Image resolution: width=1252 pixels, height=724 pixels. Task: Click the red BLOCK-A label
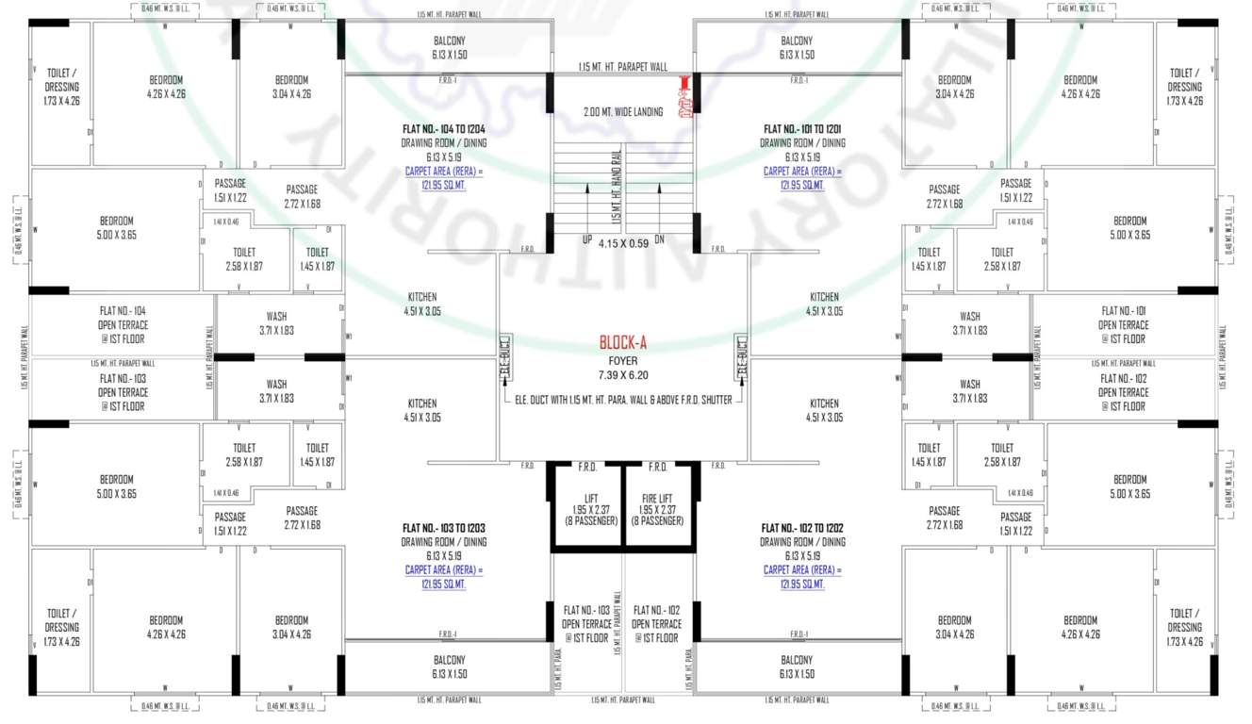623,343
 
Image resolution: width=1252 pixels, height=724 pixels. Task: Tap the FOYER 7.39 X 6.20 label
623,368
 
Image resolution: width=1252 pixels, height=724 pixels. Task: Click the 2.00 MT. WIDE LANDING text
623,111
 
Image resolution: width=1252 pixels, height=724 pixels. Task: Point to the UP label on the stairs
587,239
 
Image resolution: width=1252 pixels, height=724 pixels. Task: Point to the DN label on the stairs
659,239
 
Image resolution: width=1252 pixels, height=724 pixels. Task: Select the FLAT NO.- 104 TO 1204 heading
444,129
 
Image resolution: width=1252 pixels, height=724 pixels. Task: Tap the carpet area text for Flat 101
802,178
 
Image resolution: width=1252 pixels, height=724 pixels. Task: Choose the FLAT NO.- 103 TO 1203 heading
444,528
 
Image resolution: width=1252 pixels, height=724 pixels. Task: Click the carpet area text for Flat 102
802,577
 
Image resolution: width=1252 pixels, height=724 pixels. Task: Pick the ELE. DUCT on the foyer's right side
742,359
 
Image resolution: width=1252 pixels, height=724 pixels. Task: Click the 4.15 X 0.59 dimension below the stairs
622,244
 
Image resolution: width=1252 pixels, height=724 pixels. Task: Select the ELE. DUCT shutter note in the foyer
623,400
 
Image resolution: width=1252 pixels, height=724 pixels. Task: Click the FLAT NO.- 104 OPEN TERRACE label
123,324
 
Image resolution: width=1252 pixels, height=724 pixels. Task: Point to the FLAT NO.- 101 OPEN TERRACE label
1123,324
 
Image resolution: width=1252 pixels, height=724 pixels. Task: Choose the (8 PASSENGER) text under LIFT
585,520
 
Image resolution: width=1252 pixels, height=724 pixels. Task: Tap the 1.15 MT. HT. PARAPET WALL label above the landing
623,67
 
